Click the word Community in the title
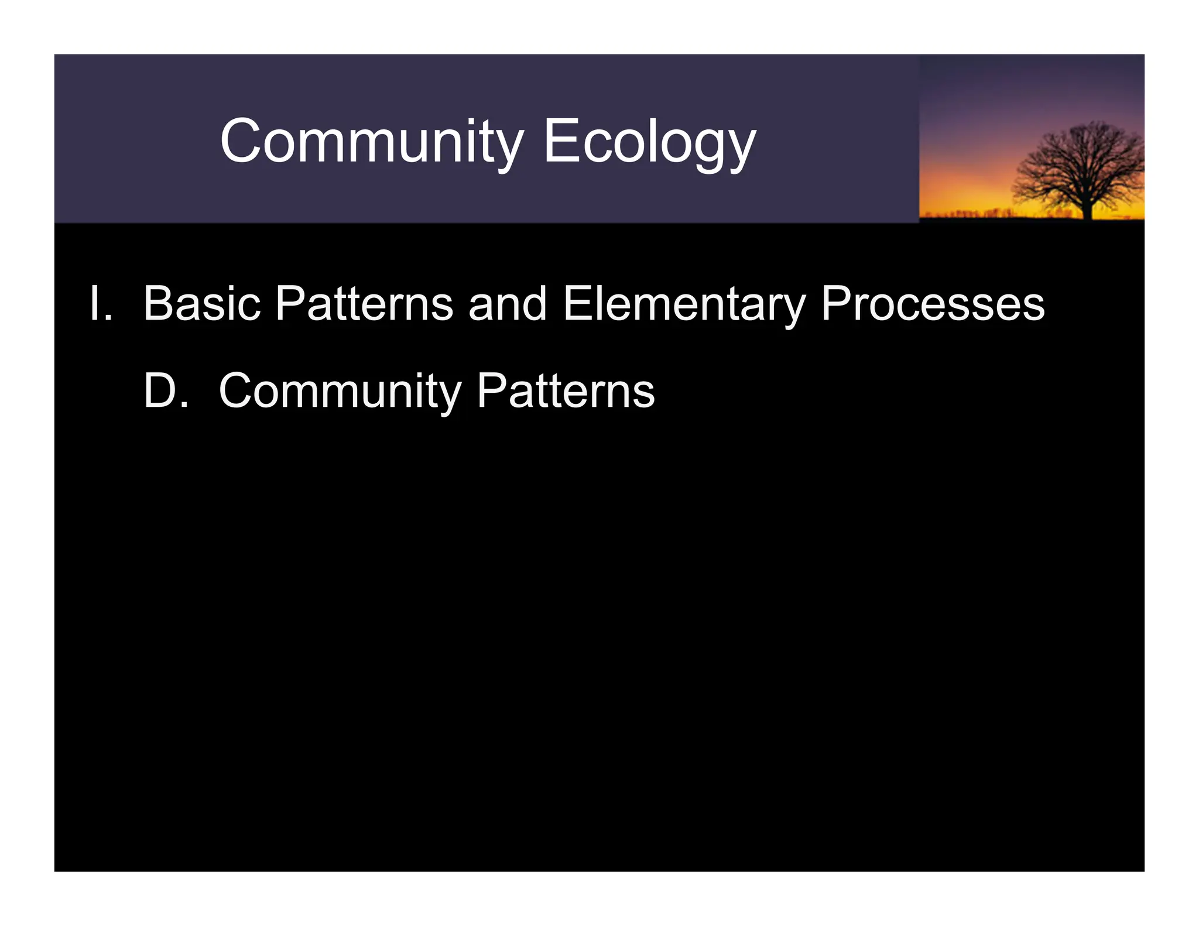[x=371, y=142]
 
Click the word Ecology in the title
[x=649, y=142]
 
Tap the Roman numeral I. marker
[x=100, y=304]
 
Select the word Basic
[x=202, y=304]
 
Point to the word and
[x=507, y=304]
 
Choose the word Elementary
[x=684, y=304]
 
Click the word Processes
[x=932, y=304]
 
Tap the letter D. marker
[x=166, y=390]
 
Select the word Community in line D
[x=340, y=390]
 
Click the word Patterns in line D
[x=566, y=390]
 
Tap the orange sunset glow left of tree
[x=972, y=202]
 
